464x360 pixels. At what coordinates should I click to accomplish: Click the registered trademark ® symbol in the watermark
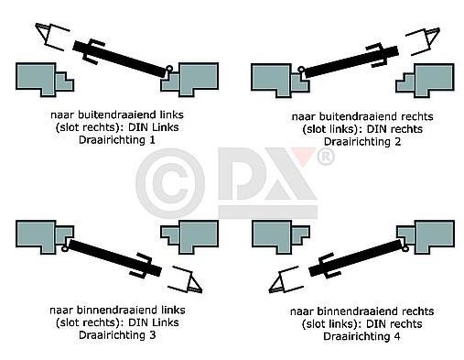click(325, 158)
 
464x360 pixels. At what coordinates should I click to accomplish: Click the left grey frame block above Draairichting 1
click(41, 77)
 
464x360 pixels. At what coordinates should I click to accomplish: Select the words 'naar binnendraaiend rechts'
click(347, 311)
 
